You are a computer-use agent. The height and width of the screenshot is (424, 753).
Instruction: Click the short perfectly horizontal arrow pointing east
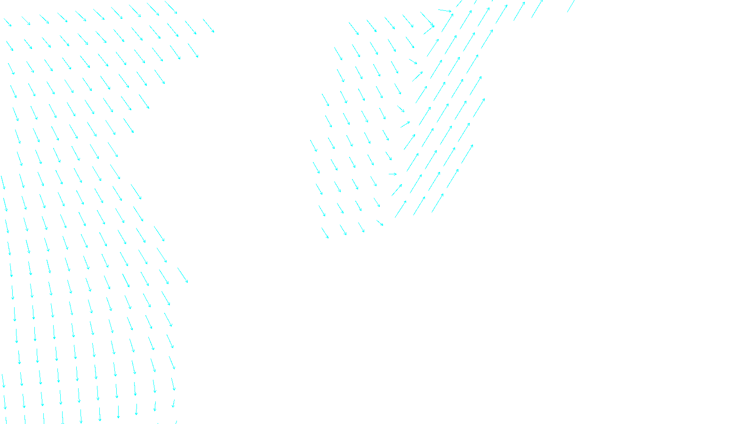click(393, 174)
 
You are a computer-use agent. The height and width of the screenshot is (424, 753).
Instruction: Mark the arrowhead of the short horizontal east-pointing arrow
click(396, 174)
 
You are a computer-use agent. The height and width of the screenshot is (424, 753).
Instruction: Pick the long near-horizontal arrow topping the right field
click(445, 10)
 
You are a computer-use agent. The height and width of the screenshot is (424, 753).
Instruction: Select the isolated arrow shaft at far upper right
click(571, 6)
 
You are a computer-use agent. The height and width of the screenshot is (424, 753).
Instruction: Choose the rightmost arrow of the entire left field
click(208, 25)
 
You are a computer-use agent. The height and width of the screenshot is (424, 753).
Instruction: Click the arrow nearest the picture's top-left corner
click(8, 22)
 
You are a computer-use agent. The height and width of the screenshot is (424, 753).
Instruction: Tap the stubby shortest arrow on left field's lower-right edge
click(174, 404)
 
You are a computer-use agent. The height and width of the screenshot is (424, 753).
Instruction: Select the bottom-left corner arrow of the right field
click(325, 233)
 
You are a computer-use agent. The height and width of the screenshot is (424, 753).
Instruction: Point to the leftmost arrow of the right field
click(313, 146)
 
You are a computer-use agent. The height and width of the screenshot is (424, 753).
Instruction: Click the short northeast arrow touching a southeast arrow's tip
click(428, 30)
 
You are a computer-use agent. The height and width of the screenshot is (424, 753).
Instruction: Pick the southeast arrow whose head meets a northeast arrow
click(427, 19)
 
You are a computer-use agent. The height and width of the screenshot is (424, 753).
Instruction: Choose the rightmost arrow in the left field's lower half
click(183, 275)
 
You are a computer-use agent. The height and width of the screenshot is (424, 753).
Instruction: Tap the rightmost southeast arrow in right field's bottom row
click(379, 222)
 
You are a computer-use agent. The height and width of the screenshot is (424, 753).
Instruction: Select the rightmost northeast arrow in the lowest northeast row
click(438, 203)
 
